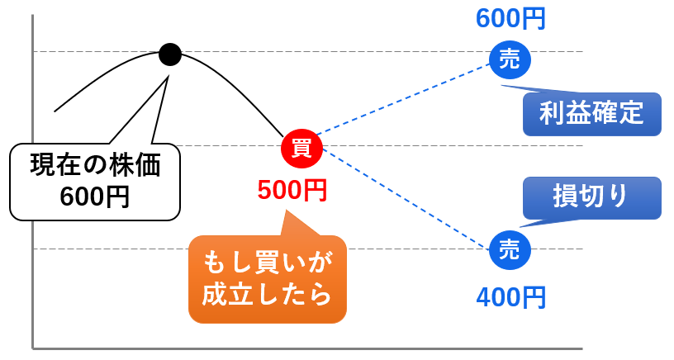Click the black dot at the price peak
[169, 54]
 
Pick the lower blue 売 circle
[510, 249]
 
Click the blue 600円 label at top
[510, 18]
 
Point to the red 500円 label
[292, 191]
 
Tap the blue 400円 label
[510, 296]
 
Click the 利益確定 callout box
[591, 113]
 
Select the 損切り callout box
[591, 197]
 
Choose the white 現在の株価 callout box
[94, 182]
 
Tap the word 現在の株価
[94, 165]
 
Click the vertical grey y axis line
[32, 206]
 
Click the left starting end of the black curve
[56, 110]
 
